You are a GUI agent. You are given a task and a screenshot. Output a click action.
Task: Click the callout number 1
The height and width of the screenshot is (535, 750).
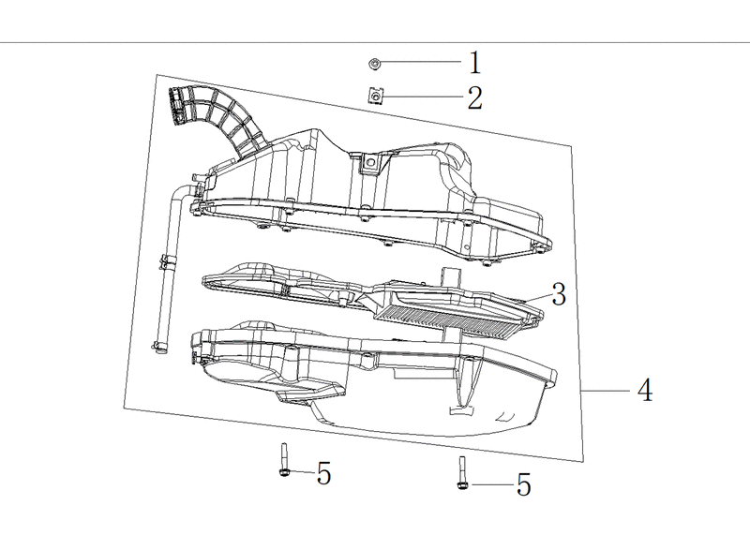(x=474, y=63)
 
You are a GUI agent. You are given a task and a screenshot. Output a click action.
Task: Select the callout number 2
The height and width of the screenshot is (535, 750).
(x=474, y=98)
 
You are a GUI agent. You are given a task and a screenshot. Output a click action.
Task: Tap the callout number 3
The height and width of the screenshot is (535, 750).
(x=559, y=294)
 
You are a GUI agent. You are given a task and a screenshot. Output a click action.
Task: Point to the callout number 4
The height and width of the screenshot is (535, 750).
(x=645, y=390)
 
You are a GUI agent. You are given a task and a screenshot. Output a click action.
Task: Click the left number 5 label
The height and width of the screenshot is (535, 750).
(x=323, y=474)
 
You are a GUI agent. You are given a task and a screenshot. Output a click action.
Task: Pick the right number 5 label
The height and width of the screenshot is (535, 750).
(x=524, y=484)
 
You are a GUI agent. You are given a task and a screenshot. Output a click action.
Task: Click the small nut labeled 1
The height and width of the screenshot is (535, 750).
(x=374, y=63)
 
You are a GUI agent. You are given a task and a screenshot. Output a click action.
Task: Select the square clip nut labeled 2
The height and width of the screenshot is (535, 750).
(x=376, y=97)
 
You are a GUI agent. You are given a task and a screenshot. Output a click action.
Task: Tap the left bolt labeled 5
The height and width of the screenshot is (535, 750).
(x=284, y=460)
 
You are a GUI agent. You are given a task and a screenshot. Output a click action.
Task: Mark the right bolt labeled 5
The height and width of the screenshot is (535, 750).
(x=462, y=473)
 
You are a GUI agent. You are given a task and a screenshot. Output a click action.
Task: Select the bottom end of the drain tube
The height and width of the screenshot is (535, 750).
(x=157, y=347)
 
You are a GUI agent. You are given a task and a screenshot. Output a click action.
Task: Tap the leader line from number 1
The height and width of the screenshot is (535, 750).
(x=421, y=61)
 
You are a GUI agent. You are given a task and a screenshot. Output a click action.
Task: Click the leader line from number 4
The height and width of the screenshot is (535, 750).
(x=605, y=391)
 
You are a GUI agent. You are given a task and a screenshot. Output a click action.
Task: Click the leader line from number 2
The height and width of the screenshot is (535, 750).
(x=424, y=97)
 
